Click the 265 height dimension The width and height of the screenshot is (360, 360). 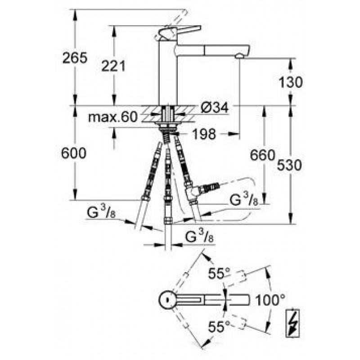(x=75, y=58)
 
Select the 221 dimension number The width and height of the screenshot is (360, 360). (x=113, y=66)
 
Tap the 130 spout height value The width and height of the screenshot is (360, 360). (x=290, y=82)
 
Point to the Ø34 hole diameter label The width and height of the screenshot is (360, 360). (x=215, y=108)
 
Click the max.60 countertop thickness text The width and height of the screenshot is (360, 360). (x=113, y=117)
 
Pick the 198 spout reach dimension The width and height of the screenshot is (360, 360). (x=204, y=134)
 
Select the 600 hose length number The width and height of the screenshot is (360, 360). (x=74, y=153)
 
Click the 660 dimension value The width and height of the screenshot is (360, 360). (x=262, y=155)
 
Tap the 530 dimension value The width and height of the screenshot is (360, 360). (x=289, y=165)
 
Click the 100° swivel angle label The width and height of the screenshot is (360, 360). (x=270, y=300)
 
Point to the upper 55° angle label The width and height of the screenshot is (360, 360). (x=219, y=274)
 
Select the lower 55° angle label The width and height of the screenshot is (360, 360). (x=219, y=327)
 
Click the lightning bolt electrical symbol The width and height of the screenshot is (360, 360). (x=292, y=323)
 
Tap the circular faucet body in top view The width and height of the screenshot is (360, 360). (x=167, y=300)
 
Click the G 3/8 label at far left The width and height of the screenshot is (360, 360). (x=101, y=211)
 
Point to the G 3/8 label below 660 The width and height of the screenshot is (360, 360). (x=244, y=199)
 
